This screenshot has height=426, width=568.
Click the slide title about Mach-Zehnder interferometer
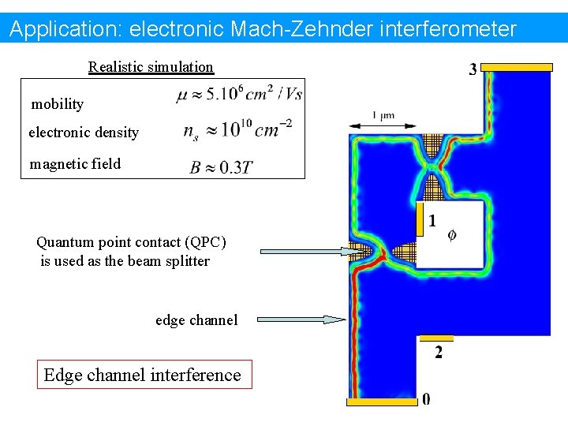[x=263, y=30]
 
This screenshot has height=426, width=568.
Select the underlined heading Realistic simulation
[x=151, y=67]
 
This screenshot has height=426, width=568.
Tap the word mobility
[x=57, y=104]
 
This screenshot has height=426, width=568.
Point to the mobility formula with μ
[x=239, y=95]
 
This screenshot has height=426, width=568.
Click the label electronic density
[x=84, y=133]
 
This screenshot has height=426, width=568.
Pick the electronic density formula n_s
[x=237, y=129]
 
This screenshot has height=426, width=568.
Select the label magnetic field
[x=75, y=164]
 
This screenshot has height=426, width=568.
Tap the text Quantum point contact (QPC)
[x=131, y=242]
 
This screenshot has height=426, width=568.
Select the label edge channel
[x=196, y=319]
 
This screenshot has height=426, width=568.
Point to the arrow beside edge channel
[x=301, y=319]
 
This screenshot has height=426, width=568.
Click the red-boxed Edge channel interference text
[x=143, y=375]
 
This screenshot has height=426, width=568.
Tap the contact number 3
[x=473, y=69]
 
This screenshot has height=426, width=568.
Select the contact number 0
[x=426, y=399]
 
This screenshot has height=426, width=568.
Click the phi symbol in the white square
[x=452, y=234]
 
